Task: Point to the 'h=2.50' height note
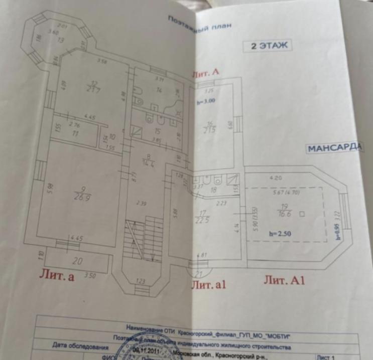point(280,233)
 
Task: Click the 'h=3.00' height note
point(206,100)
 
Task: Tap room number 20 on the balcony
point(77,260)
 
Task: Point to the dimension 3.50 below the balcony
point(90,275)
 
